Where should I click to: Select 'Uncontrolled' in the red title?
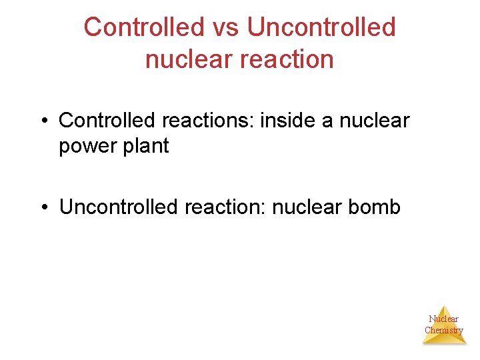(321, 27)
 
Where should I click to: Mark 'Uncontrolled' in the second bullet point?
(117, 207)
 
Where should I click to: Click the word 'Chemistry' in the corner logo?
(444, 330)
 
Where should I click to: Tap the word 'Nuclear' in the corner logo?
(444, 319)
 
